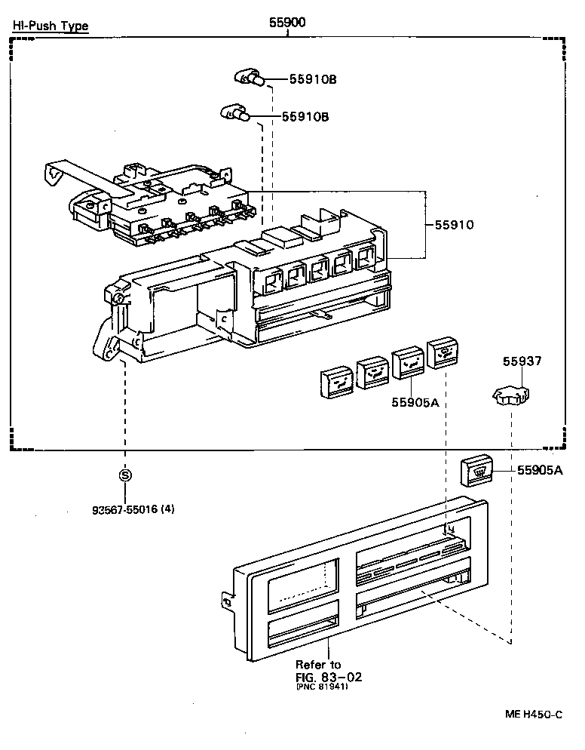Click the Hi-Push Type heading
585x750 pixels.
(x=50, y=26)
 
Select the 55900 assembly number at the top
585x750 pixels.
(x=287, y=22)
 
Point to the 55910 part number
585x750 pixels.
(x=454, y=224)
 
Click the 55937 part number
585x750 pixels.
(x=522, y=362)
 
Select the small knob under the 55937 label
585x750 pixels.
(x=510, y=395)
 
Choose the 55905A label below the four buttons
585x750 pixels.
(x=415, y=402)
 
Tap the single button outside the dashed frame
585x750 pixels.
(x=477, y=470)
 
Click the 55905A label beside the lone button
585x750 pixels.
(x=540, y=470)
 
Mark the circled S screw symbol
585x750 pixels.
(x=125, y=475)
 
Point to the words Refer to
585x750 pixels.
(x=317, y=665)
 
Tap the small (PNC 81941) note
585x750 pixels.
(x=322, y=686)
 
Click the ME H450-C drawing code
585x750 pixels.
(x=532, y=714)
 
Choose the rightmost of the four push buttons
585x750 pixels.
(x=443, y=352)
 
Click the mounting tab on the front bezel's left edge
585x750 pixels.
(x=225, y=600)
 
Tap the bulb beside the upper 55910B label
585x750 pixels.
(x=248, y=76)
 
